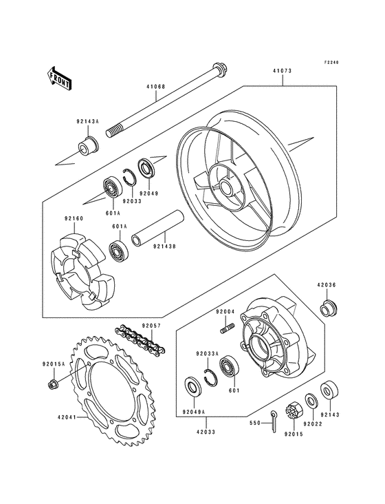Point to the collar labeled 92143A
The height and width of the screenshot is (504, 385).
(x=87, y=146)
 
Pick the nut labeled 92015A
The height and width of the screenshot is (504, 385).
(x=54, y=384)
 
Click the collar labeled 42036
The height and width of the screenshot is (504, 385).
(x=328, y=306)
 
